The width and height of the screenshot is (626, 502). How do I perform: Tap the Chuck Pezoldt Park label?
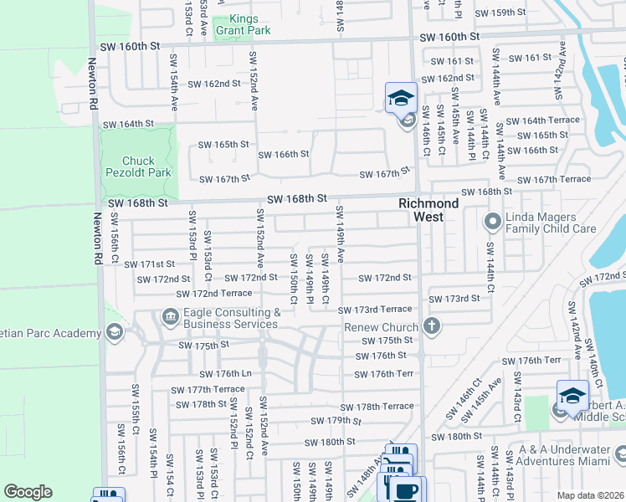(x=138, y=166)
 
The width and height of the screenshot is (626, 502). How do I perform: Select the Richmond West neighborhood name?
(x=428, y=210)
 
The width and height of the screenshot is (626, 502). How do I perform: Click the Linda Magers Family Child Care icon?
(x=492, y=222)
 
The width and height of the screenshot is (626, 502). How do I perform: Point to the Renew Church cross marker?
(x=431, y=325)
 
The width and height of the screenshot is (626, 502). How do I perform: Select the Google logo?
(x=28, y=492)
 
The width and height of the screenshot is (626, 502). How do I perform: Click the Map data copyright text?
(x=590, y=495)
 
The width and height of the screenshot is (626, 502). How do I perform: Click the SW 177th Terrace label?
(x=208, y=389)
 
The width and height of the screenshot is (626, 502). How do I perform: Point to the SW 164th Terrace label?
(x=542, y=120)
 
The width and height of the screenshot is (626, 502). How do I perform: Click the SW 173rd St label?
(x=454, y=298)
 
